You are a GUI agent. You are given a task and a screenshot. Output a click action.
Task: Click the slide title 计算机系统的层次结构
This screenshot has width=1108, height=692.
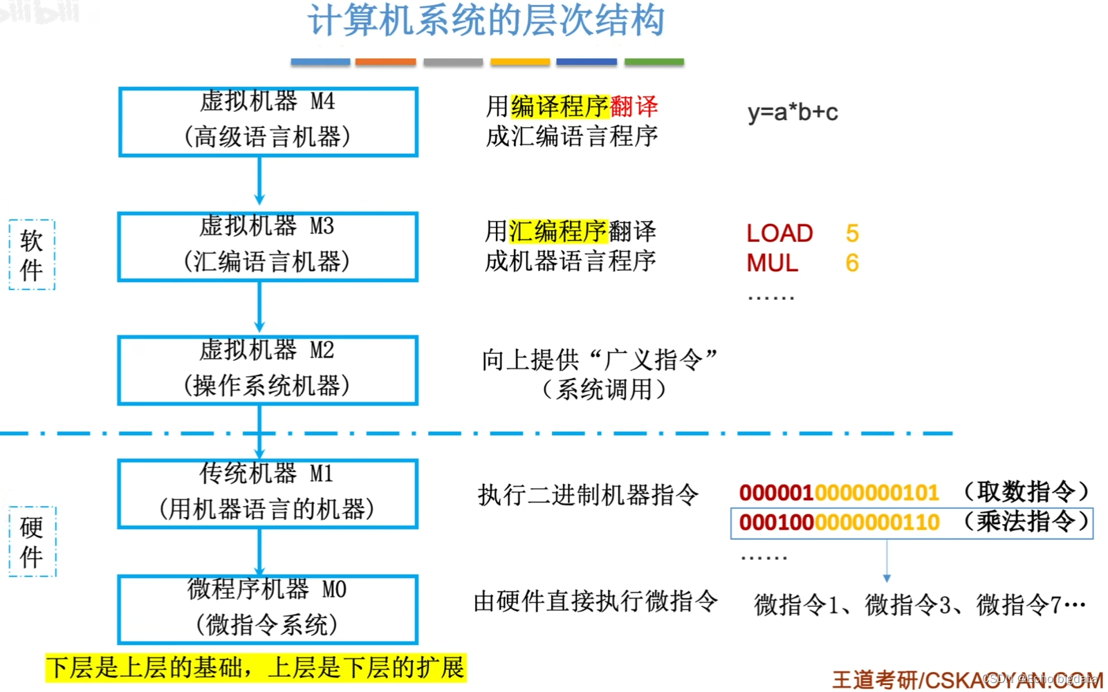point(486,21)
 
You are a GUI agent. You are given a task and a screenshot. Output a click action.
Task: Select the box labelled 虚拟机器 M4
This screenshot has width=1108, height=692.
point(268,122)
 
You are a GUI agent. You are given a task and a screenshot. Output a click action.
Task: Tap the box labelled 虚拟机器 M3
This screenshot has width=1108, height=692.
point(268,246)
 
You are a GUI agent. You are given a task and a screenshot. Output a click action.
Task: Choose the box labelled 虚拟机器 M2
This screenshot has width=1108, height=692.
point(268,370)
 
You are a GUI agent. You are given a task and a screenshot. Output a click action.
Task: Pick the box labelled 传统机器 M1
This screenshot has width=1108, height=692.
point(268,494)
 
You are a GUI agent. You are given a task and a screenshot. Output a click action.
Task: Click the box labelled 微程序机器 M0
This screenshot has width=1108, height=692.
point(268,609)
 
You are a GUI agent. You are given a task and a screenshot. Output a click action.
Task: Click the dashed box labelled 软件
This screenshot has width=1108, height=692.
point(32,254)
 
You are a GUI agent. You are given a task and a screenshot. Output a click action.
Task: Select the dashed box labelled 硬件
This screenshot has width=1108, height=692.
point(32,541)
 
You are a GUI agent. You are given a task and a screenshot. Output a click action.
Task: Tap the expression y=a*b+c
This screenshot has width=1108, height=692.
point(793,112)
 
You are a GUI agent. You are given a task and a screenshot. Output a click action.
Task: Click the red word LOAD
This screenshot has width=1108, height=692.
point(779,234)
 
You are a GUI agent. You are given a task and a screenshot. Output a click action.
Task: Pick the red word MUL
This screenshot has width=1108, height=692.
point(772,263)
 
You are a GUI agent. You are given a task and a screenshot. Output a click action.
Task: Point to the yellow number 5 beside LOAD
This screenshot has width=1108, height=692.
point(852,234)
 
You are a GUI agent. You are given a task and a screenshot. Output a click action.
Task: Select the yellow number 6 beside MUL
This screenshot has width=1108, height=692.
point(852,263)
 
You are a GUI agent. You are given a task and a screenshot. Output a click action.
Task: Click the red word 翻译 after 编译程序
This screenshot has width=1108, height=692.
point(634,106)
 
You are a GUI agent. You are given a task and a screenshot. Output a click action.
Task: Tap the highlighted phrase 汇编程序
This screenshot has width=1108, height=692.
point(558,231)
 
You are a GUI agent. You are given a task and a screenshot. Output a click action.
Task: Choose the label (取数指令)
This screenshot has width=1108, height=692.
point(1026,492)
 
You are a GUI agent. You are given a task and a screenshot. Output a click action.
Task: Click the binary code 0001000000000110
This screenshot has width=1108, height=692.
point(839,523)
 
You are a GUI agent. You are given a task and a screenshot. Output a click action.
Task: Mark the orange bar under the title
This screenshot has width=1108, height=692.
point(385,62)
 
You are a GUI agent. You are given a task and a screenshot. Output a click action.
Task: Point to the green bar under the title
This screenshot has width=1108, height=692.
point(654,62)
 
